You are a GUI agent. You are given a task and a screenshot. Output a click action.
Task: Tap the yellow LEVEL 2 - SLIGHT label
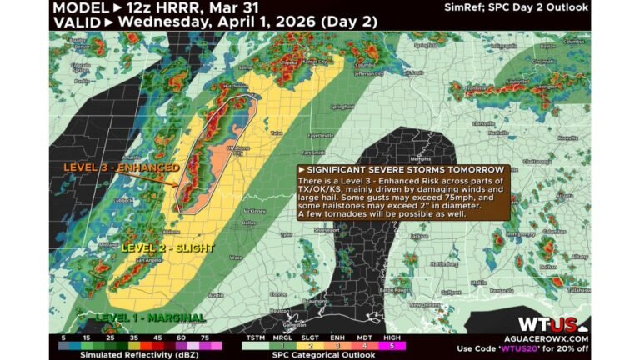167,247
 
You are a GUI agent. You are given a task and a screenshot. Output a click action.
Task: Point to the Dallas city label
248,223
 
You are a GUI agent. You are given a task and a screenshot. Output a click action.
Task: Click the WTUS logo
547,325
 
